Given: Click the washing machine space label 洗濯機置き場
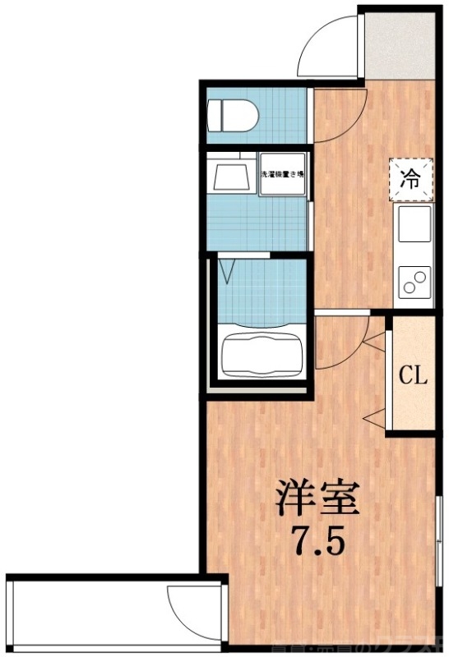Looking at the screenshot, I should pos(283,175).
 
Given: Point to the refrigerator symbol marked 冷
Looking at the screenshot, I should pos(409,180).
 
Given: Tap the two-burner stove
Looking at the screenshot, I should pos(414,283).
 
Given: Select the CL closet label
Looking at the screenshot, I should pos(414,376).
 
